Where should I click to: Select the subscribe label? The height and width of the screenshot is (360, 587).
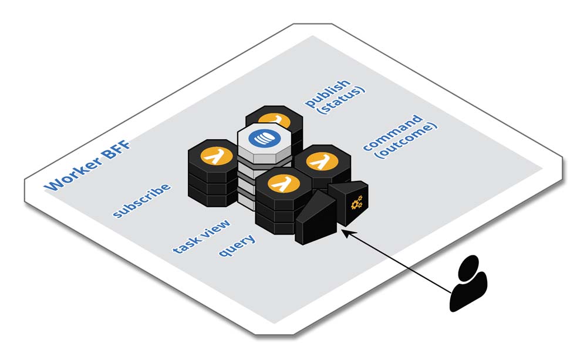pos(142,200)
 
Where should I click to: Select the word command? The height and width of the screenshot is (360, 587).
pos(392,133)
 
